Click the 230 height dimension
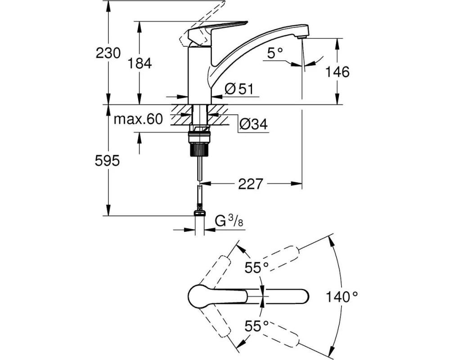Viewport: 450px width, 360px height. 108,53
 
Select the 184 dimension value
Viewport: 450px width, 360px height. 139,63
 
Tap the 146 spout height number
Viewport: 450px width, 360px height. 337,72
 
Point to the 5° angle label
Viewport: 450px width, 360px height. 275,53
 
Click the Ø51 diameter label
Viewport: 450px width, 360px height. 239,89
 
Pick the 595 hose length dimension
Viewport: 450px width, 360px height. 108,161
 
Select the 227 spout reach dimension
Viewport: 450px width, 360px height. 251,184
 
